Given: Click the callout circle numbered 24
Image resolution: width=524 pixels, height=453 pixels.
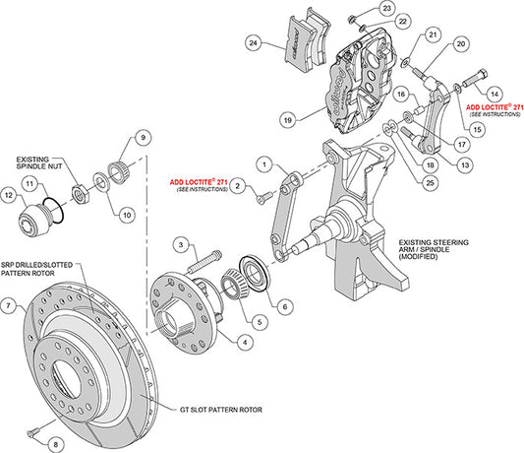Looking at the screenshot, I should click(255, 43).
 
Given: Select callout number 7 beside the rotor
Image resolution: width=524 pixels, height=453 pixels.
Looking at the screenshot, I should click(8, 306).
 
